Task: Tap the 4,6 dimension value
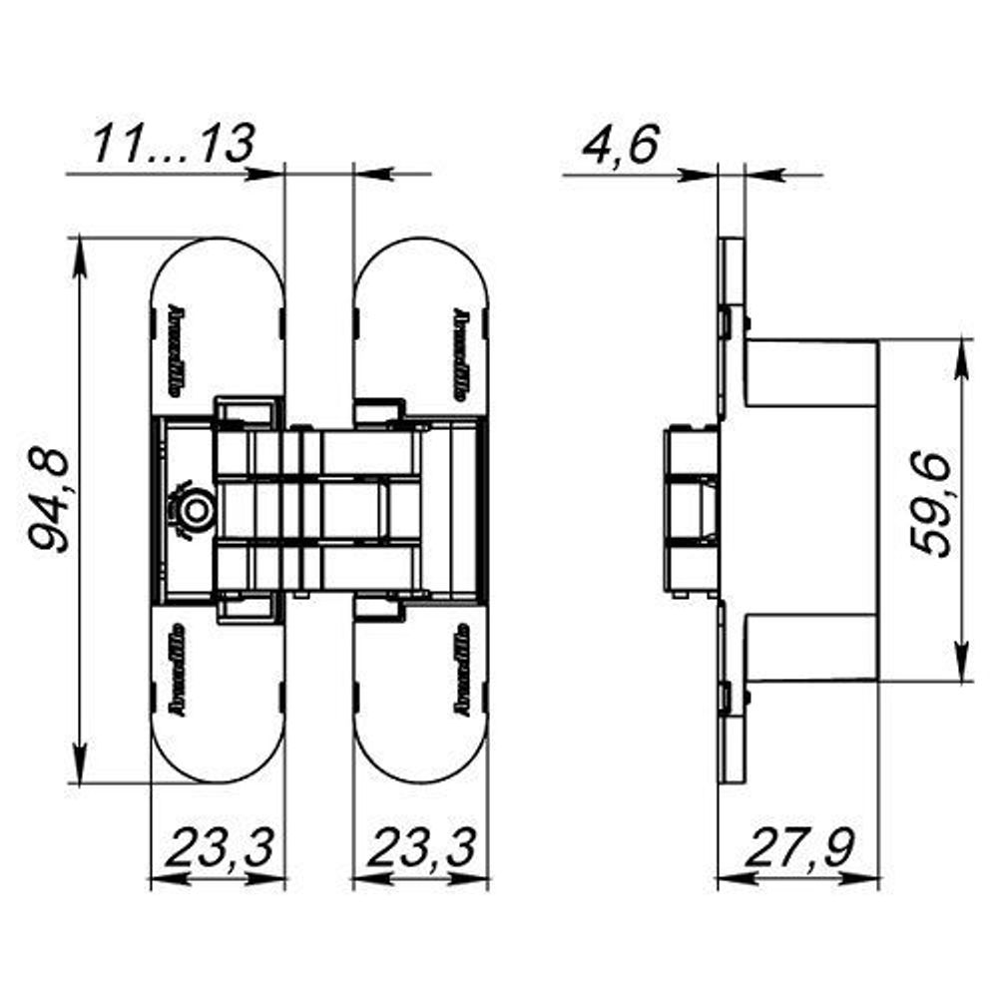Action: click(x=620, y=145)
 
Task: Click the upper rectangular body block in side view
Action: click(x=810, y=373)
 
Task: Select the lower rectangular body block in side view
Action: click(x=810, y=647)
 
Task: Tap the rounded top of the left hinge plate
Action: click(x=217, y=255)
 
